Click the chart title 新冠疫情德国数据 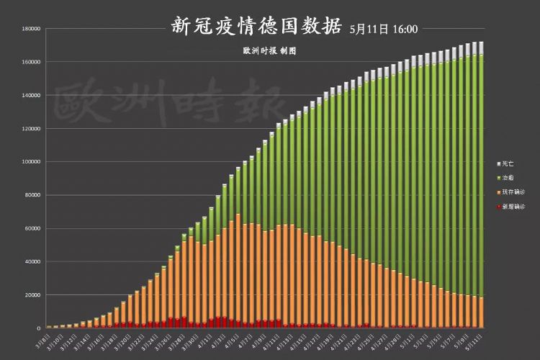[256, 27]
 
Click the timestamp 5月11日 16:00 [383, 30]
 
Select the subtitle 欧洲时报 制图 [270, 52]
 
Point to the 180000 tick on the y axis [30, 29]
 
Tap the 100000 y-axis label [30, 162]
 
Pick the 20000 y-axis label [32, 295]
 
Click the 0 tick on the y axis [38, 328]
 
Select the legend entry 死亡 [508, 163]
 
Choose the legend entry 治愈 [508, 177]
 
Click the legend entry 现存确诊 [512, 192]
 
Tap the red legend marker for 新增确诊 [498, 207]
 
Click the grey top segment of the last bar [480, 48]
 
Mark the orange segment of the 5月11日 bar [480, 312]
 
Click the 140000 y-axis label [30, 95]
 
